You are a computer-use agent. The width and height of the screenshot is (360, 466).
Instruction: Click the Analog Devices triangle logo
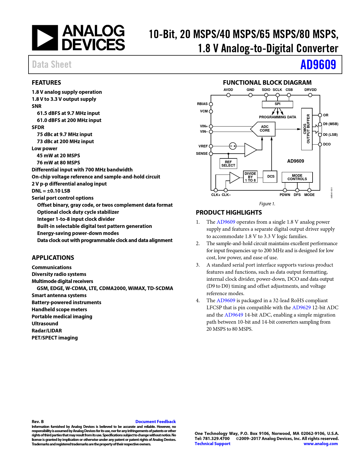tap(45, 38)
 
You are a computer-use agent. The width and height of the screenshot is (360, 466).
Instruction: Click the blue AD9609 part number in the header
tap(318, 65)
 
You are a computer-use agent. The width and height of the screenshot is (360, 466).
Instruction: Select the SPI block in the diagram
tap(277, 104)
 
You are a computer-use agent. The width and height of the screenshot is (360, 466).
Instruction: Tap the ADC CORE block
tap(264, 129)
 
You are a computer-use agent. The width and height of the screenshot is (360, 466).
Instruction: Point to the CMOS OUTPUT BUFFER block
tap(307, 129)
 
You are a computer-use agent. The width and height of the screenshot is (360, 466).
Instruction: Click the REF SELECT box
tap(228, 164)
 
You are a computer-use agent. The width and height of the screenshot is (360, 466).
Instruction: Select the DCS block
tap(270, 177)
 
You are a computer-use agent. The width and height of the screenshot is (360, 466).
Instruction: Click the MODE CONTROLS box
tap(297, 177)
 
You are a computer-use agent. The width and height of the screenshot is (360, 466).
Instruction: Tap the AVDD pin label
tap(228, 90)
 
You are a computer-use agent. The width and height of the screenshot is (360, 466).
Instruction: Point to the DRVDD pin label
tap(310, 90)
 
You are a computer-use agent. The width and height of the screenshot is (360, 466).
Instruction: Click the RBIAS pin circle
tap(211, 104)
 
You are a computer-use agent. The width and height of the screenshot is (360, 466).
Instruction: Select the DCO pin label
tap(327, 144)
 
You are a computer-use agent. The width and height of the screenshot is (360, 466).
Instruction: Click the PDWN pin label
tap(285, 195)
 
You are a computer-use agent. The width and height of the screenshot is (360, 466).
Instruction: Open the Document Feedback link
tap(156, 422)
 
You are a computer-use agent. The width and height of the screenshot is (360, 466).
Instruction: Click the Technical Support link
tap(212, 444)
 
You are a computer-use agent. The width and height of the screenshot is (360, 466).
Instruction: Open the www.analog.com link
tap(320, 444)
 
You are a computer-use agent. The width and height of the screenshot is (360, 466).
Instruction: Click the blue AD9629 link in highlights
tap(301, 308)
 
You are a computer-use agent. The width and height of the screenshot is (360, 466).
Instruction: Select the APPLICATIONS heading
tap(53, 258)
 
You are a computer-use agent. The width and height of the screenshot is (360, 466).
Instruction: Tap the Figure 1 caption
tap(267, 204)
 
